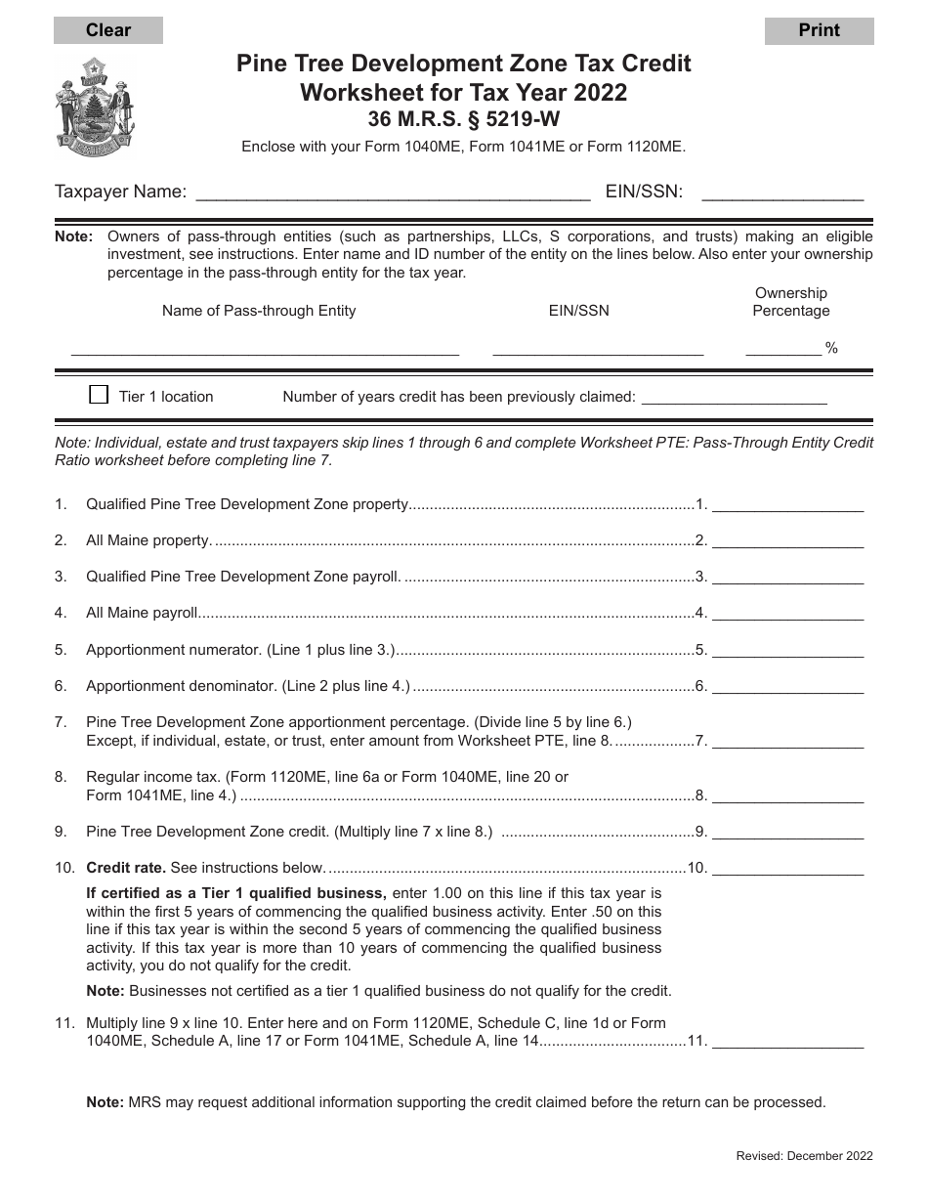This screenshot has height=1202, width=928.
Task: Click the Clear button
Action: (108, 30)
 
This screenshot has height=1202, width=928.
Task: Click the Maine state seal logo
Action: (95, 106)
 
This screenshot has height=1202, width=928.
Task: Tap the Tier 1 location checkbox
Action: (99, 395)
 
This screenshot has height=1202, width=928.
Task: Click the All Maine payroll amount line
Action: (788, 614)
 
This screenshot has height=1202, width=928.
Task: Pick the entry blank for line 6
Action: (788, 686)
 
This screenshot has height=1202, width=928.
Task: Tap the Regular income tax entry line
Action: (788, 795)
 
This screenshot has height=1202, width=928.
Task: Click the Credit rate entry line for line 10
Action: (788, 868)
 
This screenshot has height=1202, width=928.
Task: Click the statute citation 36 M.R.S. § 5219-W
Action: (464, 120)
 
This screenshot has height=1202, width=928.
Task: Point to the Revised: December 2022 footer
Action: (804, 1156)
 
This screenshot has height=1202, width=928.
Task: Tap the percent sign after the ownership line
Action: (832, 348)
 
